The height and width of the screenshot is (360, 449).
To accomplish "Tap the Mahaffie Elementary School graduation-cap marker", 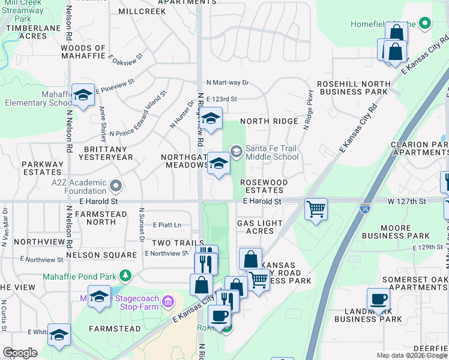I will click(x=83, y=95).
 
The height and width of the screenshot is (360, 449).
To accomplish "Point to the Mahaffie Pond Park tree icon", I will click(x=125, y=276).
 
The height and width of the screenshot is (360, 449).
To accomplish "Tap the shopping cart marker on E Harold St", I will click(x=316, y=209).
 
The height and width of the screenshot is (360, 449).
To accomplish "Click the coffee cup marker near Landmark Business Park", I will click(x=379, y=298).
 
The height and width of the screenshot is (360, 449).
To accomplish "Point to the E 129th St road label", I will click(x=429, y=247).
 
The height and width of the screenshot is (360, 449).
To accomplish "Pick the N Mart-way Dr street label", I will click(x=228, y=83).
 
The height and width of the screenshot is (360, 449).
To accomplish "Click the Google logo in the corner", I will click(x=20, y=353).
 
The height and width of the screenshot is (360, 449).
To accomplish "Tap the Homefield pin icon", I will click(x=425, y=24).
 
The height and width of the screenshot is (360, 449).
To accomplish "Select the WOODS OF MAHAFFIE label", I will click(x=83, y=52).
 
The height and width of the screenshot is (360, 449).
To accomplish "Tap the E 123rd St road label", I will click(x=221, y=99).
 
